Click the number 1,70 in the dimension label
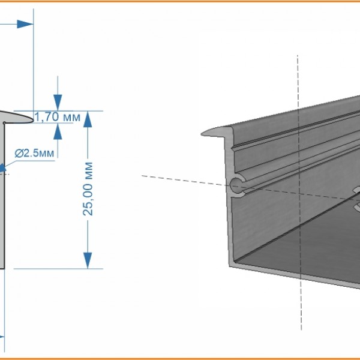(47, 117)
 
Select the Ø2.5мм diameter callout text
(34, 153)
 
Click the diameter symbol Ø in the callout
(19, 153)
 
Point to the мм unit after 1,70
(72, 118)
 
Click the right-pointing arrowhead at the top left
(25, 24)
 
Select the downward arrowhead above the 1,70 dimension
(58, 103)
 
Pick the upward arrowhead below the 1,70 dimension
(58, 131)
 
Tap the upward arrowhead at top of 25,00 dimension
(88, 119)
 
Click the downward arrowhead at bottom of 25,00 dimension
(88, 260)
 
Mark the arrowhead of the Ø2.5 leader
(3, 167)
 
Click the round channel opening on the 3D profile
(237, 185)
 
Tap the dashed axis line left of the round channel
(185, 180)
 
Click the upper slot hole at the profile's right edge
(356, 190)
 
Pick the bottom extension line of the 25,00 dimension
(58, 269)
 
